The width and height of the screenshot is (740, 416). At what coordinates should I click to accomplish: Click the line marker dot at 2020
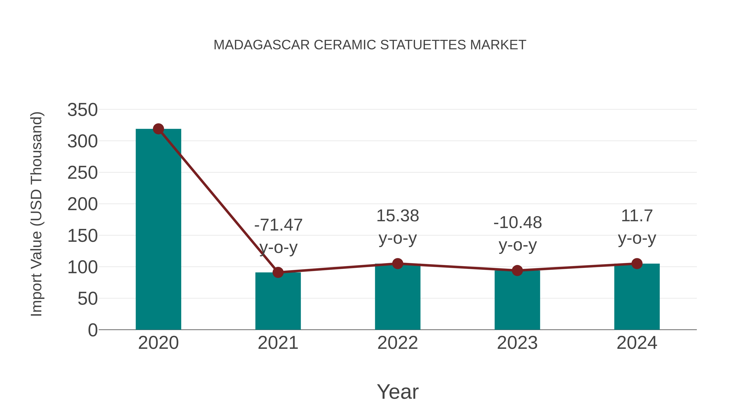tap(158, 129)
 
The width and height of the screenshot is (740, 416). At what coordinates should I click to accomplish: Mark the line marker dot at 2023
tap(517, 270)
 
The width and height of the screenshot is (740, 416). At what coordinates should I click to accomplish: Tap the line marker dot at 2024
tap(637, 264)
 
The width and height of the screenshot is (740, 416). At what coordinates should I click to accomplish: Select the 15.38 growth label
tap(398, 216)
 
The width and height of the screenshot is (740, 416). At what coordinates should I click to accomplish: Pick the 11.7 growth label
tap(637, 216)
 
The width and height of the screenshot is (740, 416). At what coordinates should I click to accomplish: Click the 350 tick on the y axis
tap(82, 110)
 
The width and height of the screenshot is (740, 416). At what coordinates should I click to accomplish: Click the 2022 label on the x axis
tap(398, 343)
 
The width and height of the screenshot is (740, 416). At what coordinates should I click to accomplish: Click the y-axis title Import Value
tap(37, 214)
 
